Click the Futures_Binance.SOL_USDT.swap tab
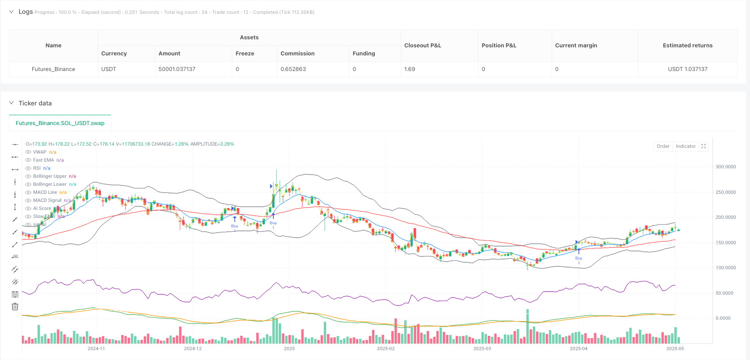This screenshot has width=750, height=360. (60, 123)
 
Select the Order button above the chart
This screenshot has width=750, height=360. (663, 147)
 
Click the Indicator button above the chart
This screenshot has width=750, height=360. (685, 147)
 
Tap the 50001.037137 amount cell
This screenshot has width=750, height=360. (177, 69)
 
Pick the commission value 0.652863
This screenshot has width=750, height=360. (293, 69)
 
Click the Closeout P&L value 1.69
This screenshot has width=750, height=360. (410, 69)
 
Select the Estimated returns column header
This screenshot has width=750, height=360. (687, 46)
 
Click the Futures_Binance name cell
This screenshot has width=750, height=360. (53, 69)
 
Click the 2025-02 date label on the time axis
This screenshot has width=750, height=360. (385, 348)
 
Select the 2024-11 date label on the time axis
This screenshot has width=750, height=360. (96, 348)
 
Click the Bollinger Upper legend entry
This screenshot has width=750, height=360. (50, 176)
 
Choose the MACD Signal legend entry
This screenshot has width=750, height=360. (47, 201)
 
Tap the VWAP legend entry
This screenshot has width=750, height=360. (39, 152)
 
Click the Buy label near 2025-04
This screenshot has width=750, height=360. (578, 258)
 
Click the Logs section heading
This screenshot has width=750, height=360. (25, 12)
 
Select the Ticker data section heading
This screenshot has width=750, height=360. (35, 103)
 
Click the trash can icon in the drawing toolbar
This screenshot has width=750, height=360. (15, 306)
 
